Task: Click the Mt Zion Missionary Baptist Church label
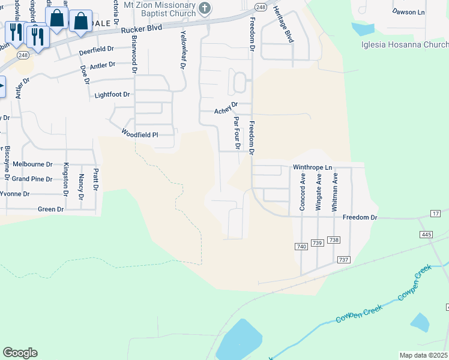tap(159, 8)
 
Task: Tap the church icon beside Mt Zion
tap(205, 8)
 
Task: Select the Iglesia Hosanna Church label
tap(405, 44)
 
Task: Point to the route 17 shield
tap(436, 214)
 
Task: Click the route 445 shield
tap(426, 234)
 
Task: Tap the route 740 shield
tap(301, 247)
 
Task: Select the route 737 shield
tap(343, 259)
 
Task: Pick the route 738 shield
tap(334, 240)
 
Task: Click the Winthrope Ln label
tap(312, 167)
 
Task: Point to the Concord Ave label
tap(303, 191)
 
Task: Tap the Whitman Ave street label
tap(336, 191)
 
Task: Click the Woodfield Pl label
tap(139, 134)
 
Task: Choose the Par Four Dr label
tap(237, 133)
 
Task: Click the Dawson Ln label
tap(408, 11)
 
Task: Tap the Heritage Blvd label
tap(289, 28)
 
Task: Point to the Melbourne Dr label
tap(33, 164)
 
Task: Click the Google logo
tap(20, 353)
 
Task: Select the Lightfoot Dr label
tap(112, 95)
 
